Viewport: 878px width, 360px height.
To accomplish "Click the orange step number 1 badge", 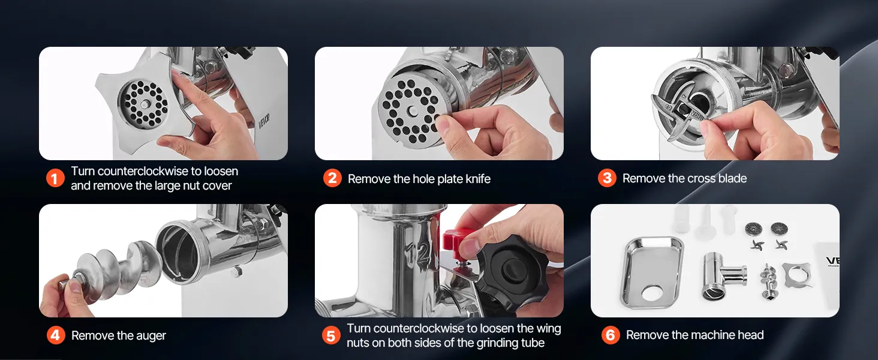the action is pyautogui.click(x=55, y=178).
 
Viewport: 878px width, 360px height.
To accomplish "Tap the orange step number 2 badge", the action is pyautogui.click(x=332, y=178).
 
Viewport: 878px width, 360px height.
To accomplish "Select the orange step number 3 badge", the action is pyautogui.click(x=607, y=178).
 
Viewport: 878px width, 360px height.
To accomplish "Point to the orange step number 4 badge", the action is pyautogui.click(x=56, y=335).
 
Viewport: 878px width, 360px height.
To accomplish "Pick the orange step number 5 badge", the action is pyautogui.click(x=331, y=335).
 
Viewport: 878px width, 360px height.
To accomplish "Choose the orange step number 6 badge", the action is pyautogui.click(x=611, y=335).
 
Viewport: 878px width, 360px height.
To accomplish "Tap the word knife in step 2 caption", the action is pyautogui.click(x=477, y=179).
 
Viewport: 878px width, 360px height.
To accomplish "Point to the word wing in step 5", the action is pyautogui.click(x=548, y=329).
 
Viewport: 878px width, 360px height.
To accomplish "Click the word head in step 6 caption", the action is pyautogui.click(x=751, y=335).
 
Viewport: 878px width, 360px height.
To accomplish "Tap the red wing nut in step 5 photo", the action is pyautogui.click(x=456, y=240).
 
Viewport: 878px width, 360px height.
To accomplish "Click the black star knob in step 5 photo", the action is pyautogui.click(x=506, y=271).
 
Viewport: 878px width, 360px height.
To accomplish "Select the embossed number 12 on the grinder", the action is pyautogui.click(x=416, y=254).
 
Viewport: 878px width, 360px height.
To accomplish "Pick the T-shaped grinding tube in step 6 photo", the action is pyautogui.click(x=723, y=275).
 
